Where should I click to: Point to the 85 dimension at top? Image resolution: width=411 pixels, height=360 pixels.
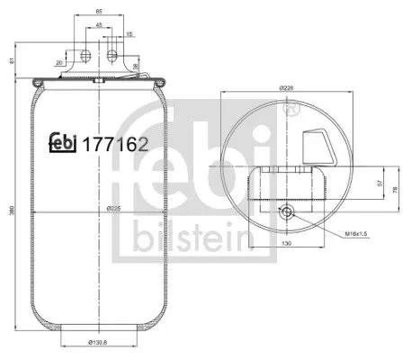[x=98, y=13]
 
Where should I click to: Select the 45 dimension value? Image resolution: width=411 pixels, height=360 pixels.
[x=98, y=24]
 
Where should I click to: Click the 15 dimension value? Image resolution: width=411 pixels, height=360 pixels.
[x=130, y=34]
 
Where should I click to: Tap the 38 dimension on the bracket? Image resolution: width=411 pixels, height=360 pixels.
[x=136, y=66]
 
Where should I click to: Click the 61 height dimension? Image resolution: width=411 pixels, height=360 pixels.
[x=9, y=60]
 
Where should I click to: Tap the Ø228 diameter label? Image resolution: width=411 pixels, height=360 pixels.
[x=287, y=86]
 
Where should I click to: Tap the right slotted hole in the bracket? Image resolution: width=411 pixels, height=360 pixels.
[x=112, y=56]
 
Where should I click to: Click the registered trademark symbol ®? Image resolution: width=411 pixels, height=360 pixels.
[x=290, y=109]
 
